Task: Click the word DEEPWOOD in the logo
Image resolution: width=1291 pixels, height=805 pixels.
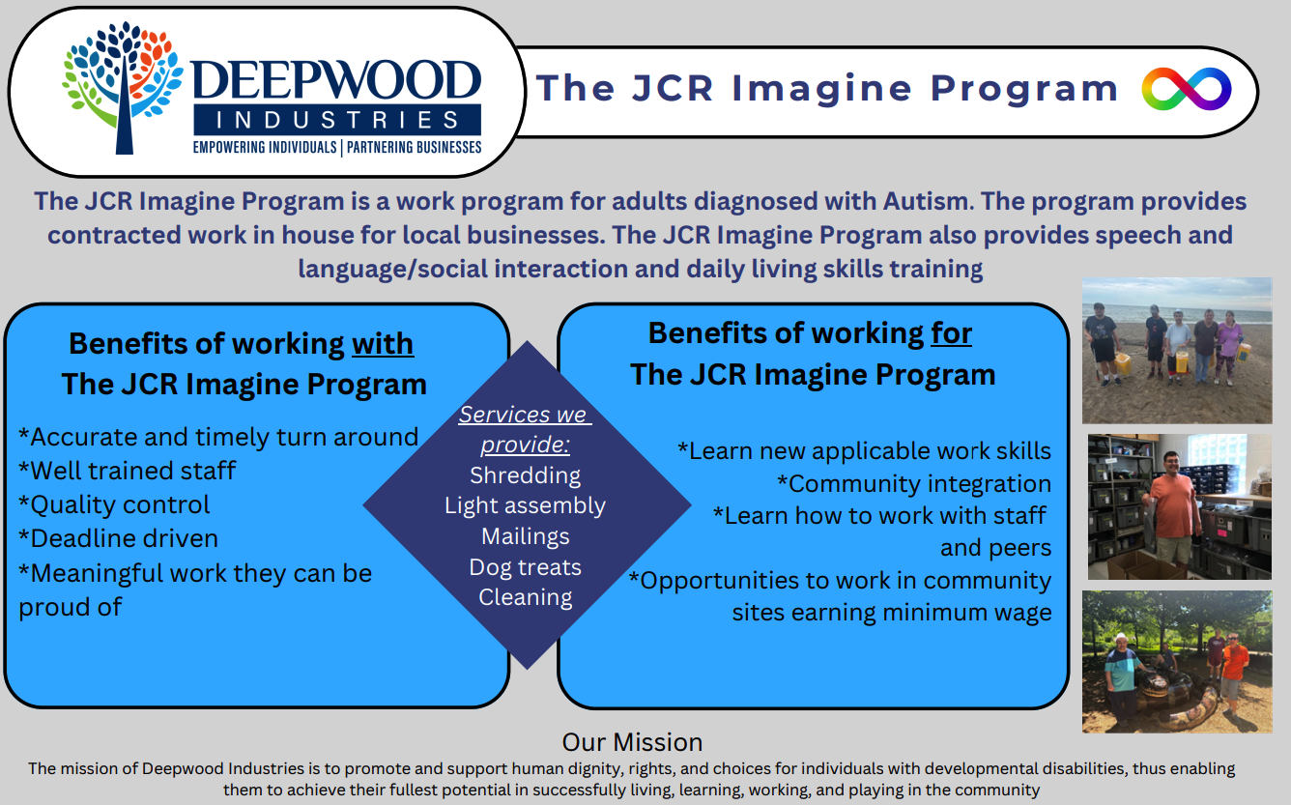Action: point(336,80)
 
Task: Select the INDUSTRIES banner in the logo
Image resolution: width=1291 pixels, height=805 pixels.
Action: point(337,120)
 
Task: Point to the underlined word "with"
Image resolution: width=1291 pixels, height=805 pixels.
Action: point(383,345)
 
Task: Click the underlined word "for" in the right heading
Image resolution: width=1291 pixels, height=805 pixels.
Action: point(952,333)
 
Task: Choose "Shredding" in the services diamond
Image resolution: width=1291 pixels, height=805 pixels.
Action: point(525,475)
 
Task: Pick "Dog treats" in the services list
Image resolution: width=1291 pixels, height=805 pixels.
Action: point(525,567)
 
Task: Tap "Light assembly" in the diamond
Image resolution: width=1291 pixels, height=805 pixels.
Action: point(525,506)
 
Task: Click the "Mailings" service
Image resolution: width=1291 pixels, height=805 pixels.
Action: point(525,536)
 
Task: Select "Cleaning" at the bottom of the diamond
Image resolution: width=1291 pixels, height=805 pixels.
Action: point(525,597)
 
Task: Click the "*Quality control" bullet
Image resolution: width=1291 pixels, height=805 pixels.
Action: point(114,504)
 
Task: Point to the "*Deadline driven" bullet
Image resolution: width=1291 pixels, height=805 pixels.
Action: point(118,539)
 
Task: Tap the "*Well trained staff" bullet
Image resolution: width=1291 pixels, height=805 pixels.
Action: point(127,471)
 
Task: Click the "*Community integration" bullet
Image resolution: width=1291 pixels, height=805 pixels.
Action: point(914,484)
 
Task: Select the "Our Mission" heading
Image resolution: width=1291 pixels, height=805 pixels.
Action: point(632,742)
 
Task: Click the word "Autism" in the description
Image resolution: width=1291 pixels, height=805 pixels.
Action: point(928,202)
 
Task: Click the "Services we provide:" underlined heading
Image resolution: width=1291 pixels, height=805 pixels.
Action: point(525,429)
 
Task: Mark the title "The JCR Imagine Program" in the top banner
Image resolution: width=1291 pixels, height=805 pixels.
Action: point(827,88)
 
